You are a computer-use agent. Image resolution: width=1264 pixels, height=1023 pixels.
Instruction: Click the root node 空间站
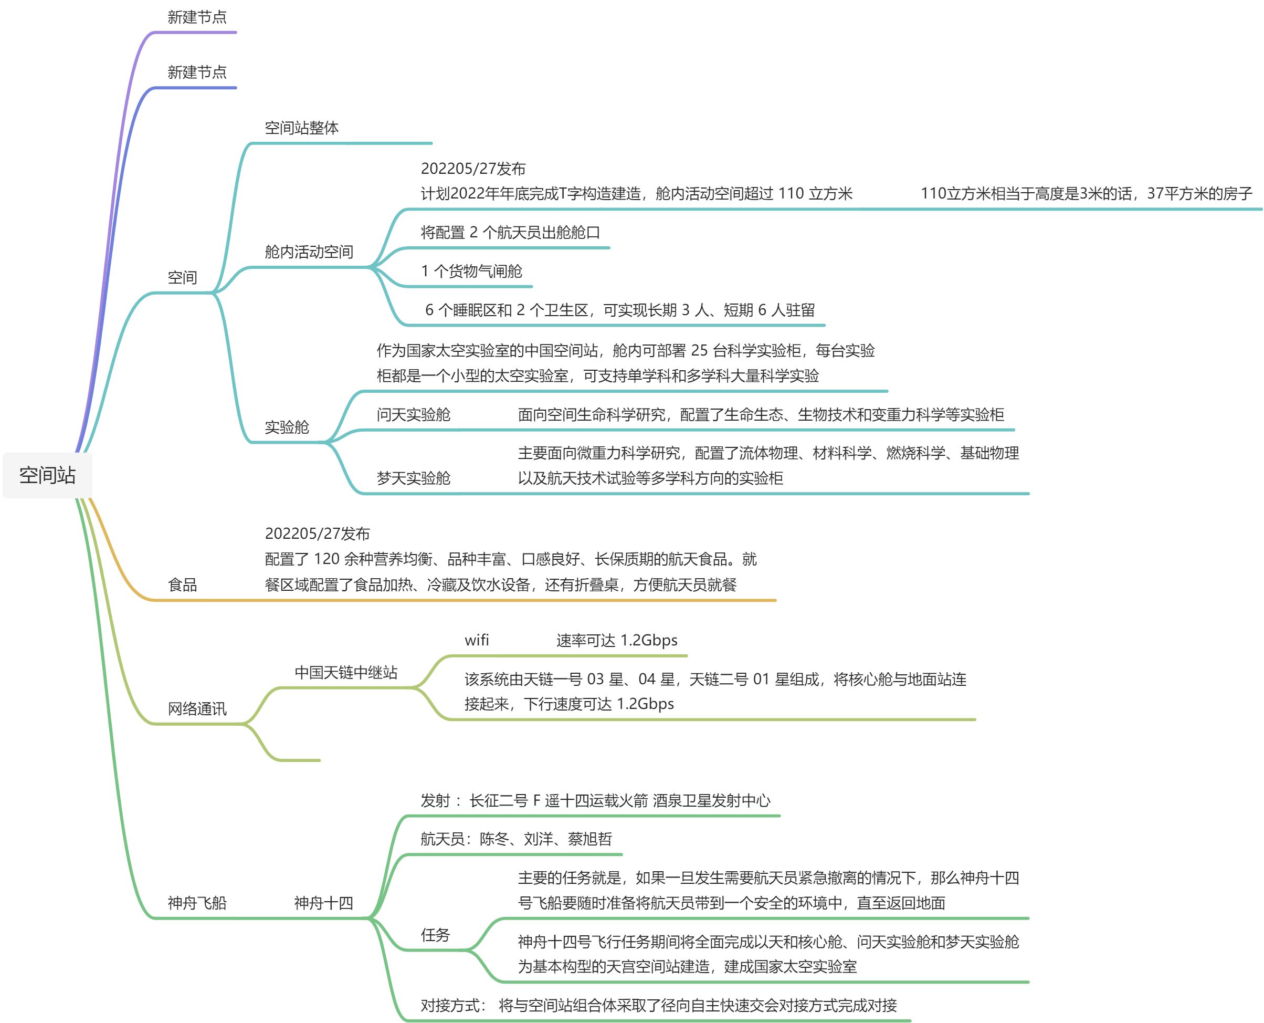pos(47,475)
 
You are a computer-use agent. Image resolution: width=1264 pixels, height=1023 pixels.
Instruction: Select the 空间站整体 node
pos(302,128)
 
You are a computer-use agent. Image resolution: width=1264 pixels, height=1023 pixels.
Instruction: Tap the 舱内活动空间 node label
pos(309,252)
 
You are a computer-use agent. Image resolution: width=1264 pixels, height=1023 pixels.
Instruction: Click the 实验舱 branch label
pos(287,427)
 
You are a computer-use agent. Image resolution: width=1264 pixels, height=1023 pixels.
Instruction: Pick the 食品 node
pos(182,585)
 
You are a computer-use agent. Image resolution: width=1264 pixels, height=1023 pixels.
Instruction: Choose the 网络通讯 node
pos(197,709)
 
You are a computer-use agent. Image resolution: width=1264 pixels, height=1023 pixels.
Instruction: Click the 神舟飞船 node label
pos(197,903)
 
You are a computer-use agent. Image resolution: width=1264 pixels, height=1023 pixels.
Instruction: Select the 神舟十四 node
pos(323,903)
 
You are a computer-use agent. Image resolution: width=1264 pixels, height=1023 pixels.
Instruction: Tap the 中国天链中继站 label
pos(346,672)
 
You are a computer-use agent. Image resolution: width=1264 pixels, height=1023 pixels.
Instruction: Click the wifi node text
pos(477,641)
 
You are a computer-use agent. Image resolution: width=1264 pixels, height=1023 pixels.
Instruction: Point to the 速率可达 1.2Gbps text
pos(617,641)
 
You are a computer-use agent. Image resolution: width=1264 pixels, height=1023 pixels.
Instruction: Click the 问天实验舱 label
pos(414,415)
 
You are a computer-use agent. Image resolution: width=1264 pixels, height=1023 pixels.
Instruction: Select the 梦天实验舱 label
pos(414,478)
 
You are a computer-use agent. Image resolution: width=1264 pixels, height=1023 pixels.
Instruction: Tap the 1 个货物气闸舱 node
pos(471,271)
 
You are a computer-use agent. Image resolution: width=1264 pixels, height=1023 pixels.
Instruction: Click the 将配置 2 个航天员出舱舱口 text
pos(510,233)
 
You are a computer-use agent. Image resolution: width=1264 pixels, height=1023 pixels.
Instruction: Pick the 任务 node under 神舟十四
pos(435,935)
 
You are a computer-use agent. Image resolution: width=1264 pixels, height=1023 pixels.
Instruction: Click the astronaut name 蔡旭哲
pos(590,839)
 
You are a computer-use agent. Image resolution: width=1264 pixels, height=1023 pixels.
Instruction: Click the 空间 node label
pos(182,278)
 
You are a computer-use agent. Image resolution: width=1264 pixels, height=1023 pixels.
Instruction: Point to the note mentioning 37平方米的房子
pos(1086,194)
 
